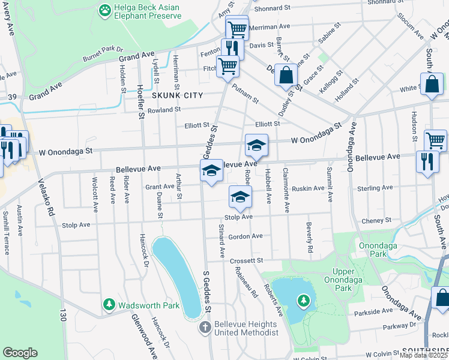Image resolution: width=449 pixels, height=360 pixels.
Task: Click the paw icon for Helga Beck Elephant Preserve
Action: point(106,10)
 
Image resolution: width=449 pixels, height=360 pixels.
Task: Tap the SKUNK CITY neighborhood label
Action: point(177,95)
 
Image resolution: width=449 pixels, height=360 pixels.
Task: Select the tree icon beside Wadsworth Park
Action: point(109,305)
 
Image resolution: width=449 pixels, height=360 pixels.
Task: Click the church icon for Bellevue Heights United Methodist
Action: point(205,328)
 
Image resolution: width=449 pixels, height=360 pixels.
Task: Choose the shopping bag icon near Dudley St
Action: point(286,76)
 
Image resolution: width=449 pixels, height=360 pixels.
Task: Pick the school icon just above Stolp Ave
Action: point(240,197)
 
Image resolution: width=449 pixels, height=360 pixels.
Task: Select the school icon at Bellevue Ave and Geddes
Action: point(211,171)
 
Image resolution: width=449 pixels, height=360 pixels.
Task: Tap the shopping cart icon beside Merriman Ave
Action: point(237,28)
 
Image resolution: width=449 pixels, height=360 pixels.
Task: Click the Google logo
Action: point(20,353)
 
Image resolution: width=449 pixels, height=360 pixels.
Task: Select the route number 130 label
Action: point(62,314)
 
